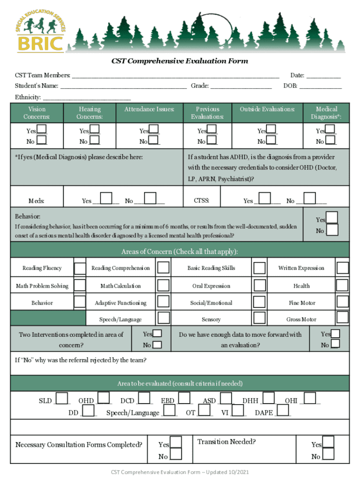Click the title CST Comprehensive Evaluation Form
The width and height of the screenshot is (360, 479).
(x=179, y=61)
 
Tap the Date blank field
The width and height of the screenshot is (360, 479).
(x=324, y=75)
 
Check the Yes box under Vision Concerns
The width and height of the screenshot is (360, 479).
(x=42, y=130)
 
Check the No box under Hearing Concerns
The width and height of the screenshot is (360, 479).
(x=94, y=140)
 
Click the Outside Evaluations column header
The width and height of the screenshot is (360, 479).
(x=267, y=109)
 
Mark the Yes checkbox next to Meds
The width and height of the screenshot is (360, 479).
(x=107, y=198)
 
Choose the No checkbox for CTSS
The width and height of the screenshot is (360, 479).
(x=310, y=198)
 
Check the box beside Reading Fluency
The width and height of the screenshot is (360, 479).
(x=80, y=268)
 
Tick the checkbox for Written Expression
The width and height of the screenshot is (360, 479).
(x=343, y=268)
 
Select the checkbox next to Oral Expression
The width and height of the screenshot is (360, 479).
(x=260, y=285)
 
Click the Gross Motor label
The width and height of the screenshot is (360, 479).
(x=301, y=319)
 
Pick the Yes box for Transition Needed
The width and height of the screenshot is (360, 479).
(x=329, y=442)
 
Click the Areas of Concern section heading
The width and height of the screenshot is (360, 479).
(x=180, y=252)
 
